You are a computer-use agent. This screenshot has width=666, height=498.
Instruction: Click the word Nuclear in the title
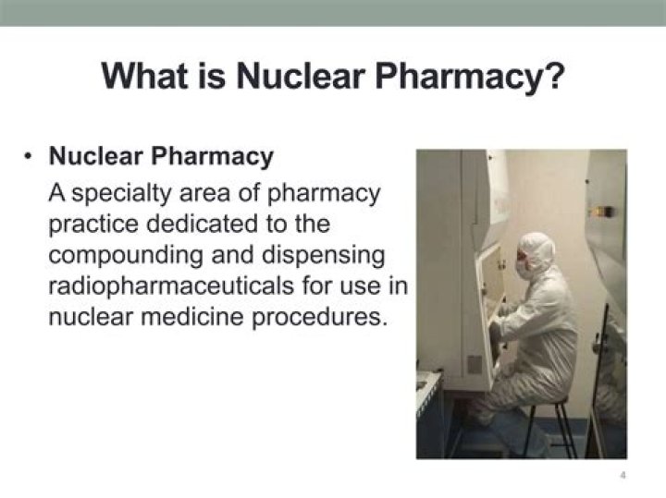(301, 77)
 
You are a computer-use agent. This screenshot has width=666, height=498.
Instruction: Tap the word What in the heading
(144, 77)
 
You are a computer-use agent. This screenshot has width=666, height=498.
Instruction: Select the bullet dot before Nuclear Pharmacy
(29, 156)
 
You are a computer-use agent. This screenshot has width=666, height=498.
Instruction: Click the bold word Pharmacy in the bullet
(213, 157)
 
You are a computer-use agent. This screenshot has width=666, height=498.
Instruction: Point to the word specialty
(120, 193)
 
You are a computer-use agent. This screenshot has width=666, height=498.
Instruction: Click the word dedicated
(203, 224)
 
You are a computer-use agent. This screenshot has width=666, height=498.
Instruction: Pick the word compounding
(126, 255)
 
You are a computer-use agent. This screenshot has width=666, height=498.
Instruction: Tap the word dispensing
(324, 255)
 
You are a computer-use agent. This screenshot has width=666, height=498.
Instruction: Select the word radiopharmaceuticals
(171, 285)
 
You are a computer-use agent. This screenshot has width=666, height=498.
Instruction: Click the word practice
(93, 225)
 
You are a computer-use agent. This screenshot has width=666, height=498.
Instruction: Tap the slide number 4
(623, 475)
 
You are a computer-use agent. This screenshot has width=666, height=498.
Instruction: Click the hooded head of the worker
(535, 254)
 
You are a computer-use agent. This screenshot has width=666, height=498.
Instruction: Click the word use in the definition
(358, 286)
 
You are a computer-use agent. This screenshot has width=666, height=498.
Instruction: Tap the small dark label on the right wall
(603, 211)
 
